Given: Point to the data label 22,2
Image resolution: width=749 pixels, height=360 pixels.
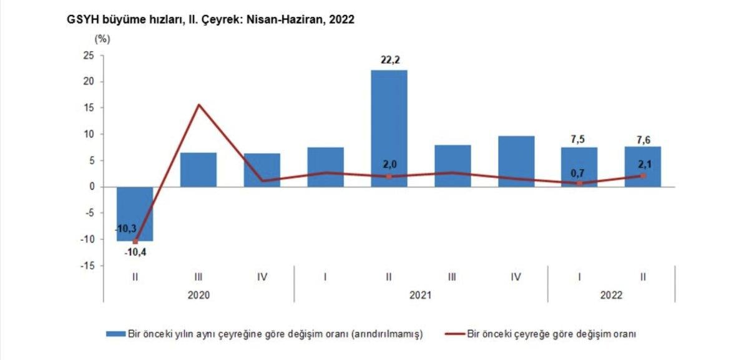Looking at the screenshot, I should [389, 60].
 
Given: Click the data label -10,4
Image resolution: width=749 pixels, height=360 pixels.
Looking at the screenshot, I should [135, 252].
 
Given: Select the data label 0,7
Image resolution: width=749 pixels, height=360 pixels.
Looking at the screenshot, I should [580, 173].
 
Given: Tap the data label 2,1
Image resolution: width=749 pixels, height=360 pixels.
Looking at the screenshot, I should [644, 165].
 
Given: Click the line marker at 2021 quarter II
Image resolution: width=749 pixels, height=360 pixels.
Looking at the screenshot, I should [389, 177].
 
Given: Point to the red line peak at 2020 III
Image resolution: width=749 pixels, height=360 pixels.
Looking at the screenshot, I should [198, 105].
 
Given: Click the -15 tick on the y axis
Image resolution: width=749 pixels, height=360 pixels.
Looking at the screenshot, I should [87, 266].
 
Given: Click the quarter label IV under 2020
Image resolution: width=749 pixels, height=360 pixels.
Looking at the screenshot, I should [262, 276].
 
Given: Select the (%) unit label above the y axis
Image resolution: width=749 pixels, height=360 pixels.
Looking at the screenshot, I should [102, 39].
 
